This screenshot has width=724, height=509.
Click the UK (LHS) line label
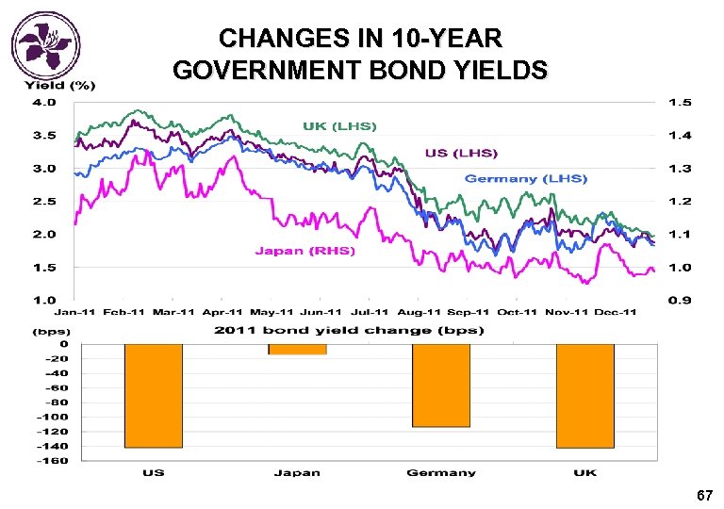tap(339, 126)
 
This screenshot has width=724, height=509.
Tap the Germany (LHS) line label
tap(525, 178)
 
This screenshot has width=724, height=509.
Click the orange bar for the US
tap(153, 395)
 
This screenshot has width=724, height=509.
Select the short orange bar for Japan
tap(297, 349)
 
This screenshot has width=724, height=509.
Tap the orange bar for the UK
tap(584, 395)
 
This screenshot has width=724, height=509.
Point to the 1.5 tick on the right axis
tap(679, 102)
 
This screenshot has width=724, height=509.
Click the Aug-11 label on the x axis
tap(420, 312)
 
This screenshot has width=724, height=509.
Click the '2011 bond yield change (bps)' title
tap(349, 330)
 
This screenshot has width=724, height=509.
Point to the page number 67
tap(703, 496)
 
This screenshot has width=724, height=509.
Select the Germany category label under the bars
tap(440, 472)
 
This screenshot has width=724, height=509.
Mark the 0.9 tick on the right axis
tap(679, 300)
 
